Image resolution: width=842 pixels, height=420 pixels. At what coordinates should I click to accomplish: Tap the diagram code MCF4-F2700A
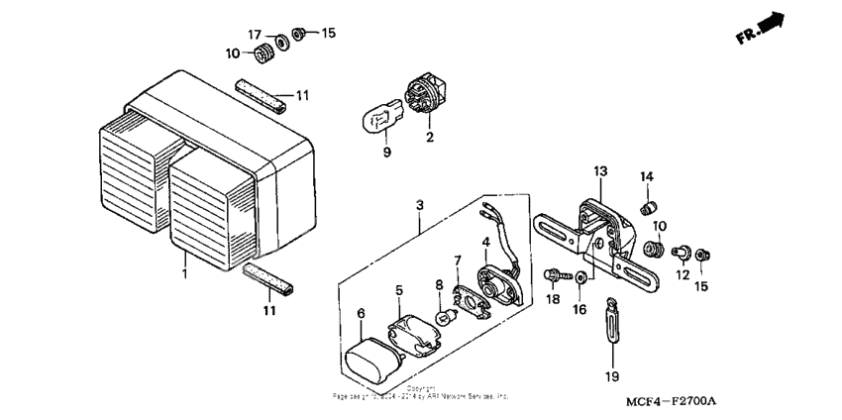[670, 401]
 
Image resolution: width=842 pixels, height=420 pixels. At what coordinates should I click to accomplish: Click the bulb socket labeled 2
[426, 94]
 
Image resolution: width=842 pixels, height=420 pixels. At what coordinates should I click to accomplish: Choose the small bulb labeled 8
[447, 317]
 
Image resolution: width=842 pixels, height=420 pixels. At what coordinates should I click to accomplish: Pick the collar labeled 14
[648, 208]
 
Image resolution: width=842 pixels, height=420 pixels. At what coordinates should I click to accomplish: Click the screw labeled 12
[681, 253]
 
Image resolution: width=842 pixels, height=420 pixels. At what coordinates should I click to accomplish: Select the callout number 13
[600, 171]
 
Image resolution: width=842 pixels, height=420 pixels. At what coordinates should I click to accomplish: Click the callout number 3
[420, 204]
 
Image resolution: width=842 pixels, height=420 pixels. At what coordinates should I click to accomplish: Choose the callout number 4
[485, 241]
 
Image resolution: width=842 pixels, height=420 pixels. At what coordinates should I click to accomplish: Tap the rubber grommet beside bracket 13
[653, 246]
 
